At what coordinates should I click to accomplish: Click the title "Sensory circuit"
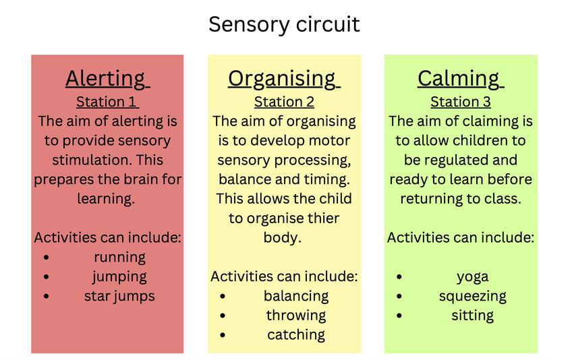284,24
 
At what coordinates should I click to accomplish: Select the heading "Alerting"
106,79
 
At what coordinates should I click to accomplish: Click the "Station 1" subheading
106,102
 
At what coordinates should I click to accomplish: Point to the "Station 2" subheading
284,102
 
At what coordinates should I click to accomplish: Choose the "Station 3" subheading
461,102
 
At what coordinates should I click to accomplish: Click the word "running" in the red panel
119,258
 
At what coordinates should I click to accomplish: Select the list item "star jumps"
119,296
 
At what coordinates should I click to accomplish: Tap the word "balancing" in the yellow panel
296,296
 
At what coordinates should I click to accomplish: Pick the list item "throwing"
296,316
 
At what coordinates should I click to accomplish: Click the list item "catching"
296,335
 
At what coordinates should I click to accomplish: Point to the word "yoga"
473,277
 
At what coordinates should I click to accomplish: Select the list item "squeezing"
473,296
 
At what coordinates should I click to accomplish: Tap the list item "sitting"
473,316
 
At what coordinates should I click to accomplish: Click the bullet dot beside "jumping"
46,277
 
